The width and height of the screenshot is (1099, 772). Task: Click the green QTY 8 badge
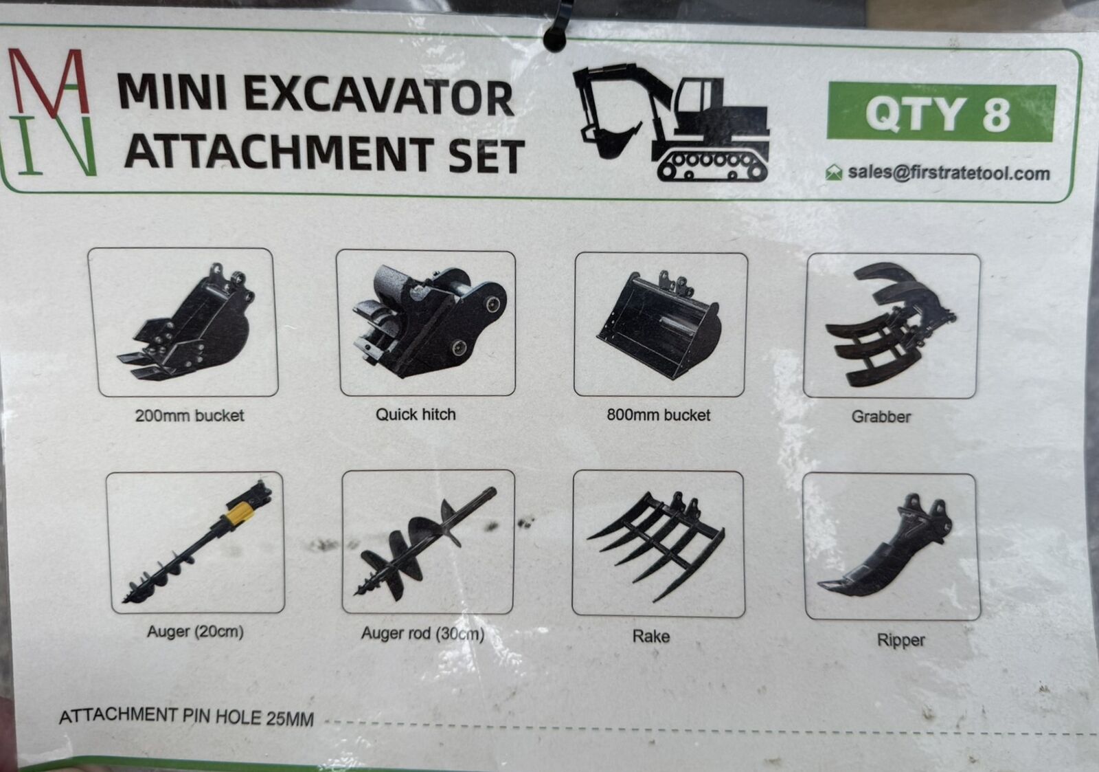point(941,113)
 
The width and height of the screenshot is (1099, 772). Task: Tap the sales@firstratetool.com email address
point(949,173)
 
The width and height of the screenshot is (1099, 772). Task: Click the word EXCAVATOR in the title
point(378,98)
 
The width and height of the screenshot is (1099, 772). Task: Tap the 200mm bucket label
point(190,415)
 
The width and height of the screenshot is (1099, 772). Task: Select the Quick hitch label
point(416,415)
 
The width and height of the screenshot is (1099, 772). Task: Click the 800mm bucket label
point(659,415)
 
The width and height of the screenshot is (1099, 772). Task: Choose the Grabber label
point(881,417)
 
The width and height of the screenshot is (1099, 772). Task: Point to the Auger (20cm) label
point(195,632)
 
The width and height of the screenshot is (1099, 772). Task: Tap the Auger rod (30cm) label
point(422,634)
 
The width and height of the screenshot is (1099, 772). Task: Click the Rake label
point(650,637)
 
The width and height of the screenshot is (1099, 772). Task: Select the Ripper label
point(900,641)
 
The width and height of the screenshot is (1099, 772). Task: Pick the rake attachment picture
point(657,545)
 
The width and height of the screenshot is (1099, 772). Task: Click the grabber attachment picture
point(890,324)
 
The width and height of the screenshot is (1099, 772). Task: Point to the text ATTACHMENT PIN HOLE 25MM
point(186,718)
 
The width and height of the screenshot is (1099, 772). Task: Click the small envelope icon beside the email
point(834,173)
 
